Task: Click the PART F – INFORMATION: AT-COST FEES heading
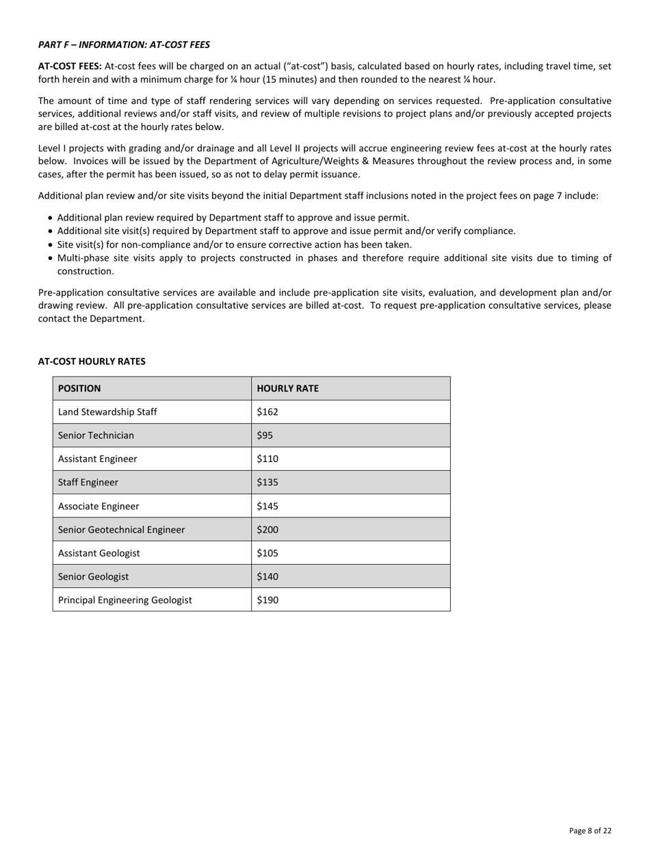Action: point(124,44)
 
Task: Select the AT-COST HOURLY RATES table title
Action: point(92,361)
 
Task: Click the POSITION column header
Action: point(79,389)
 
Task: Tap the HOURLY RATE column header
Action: point(287,389)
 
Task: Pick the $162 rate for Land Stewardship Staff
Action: point(268,412)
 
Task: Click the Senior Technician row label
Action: point(96,435)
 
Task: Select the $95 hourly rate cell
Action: point(265,435)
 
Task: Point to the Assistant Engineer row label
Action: point(97,459)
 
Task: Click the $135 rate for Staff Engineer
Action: point(268,483)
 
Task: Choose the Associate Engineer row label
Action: point(99,507)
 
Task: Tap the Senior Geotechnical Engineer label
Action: point(121,530)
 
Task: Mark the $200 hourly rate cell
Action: point(268,530)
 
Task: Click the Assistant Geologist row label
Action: point(99,553)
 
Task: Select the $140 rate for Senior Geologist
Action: point(268,576)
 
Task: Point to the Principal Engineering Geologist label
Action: point(125,600)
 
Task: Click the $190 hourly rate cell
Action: point(268,600)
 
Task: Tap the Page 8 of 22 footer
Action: point(590,831)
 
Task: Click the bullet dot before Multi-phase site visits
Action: point(51,259)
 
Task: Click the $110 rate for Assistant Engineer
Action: point(268,459)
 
